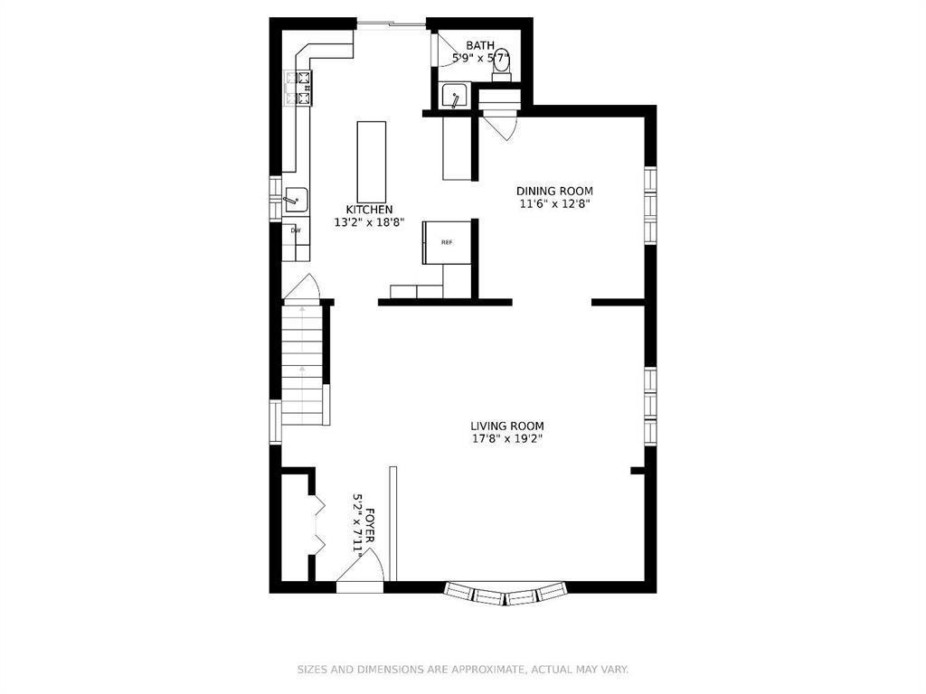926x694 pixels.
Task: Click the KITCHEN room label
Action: click(374, 209)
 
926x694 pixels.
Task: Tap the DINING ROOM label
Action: click(554, 191)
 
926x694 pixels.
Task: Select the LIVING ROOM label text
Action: click(506, 426)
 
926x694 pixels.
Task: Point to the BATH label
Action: click(480, 45)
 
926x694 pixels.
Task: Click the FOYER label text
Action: click(370, 525)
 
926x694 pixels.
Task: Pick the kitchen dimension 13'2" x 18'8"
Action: click(374, 221)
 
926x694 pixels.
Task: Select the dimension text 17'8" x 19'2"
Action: click(506, 439)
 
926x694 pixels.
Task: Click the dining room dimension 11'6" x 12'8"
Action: click(554, 204)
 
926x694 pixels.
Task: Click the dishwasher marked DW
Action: click(296, 230)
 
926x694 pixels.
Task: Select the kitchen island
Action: click(371, 163)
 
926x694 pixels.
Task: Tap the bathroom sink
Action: click(455, 96)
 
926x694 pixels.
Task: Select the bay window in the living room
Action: click(506, 594)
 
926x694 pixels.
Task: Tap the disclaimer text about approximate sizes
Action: click(463, 670)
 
